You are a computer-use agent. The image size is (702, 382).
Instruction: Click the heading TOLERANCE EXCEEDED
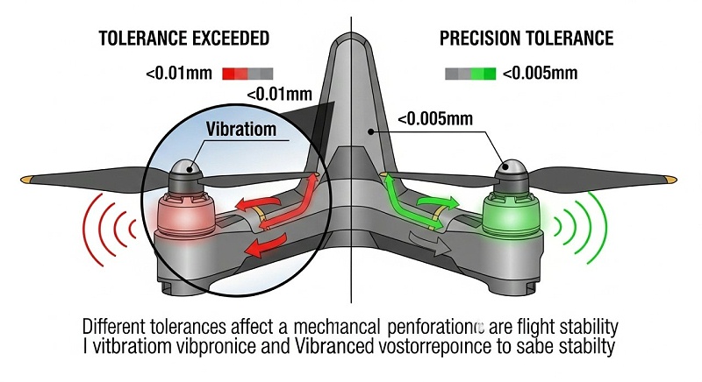(183, 39)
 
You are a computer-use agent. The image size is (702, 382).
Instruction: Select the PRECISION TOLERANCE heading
(526, 39)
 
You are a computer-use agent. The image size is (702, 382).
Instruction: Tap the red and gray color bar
(248, 73)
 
